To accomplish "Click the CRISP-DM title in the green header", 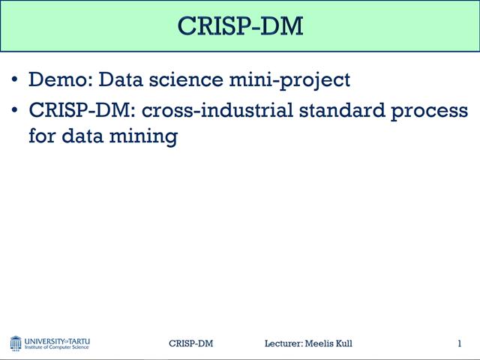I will click(240, 25).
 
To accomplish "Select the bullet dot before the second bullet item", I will click(16, 111).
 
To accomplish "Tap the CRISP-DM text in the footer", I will click(190, 343).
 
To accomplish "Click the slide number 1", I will click(459, 343).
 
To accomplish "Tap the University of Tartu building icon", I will click(16, 343).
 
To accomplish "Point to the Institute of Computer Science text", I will click(57, 347).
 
